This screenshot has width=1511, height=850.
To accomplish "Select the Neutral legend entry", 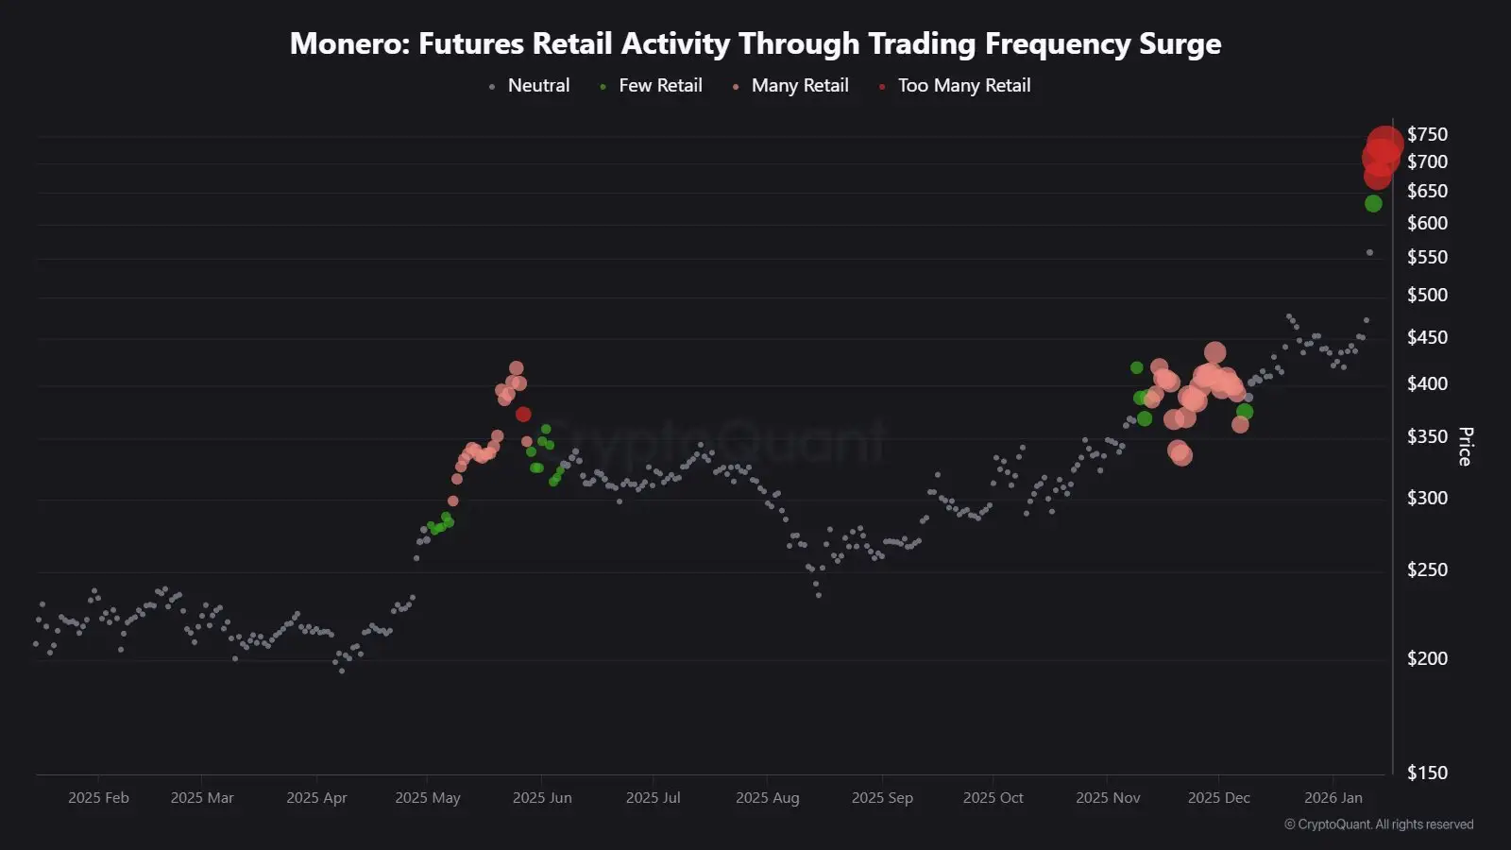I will [537, 86].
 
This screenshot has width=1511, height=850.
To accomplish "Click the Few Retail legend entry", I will [659, 86].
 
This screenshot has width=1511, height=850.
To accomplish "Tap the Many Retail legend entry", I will [799, 86].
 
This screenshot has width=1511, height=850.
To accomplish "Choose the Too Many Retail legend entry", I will [963, 86].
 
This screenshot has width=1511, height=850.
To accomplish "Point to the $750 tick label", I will [1427, 134].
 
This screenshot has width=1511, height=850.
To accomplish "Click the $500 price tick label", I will [1427, 295].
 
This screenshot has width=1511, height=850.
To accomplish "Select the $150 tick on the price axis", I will [1427, 773].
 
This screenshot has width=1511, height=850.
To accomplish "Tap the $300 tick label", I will [1427, 498].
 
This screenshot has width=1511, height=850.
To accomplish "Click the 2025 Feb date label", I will [98, 798].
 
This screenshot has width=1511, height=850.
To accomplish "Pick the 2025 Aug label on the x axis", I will [767, 798].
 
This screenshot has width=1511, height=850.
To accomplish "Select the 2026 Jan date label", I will [1333, 798].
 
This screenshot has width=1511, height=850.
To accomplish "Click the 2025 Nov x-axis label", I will [1108, 798].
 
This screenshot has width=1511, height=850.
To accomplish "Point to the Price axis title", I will [1465, 447].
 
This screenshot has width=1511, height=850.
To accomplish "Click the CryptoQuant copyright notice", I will [1379, 824].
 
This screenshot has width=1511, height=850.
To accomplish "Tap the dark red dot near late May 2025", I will [523, 414].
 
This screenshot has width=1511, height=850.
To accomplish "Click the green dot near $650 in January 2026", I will [1373, 203].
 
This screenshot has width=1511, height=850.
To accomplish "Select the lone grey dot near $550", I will [1369, 252].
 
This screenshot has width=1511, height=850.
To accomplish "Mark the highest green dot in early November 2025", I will [1136, 367].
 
